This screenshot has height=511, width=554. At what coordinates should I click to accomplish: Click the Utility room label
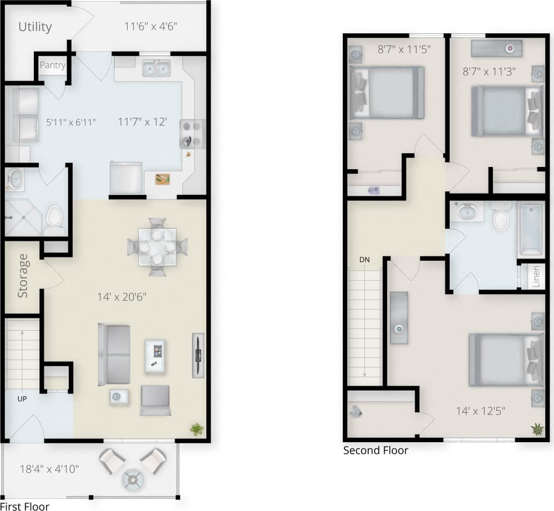pyautogui.click(x=35, y=27)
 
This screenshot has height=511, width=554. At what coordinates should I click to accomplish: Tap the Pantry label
pyautogui.click(x=53, y=65)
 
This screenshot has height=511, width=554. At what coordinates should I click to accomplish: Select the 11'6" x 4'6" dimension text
pyautogui.click(x=151, y=26)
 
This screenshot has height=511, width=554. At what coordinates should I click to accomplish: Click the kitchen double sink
pyautogui.click(x=156, y=69)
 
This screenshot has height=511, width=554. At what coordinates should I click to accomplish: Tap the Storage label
pyautogui.click(x=23, y=276)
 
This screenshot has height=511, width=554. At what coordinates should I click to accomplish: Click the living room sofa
pyautogui.click(x=114, y=355)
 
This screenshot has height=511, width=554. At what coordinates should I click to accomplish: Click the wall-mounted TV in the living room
pyautogui.click(x=198, y=355)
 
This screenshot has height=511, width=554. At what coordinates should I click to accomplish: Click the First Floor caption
pyautogui.click(x=24, y=505)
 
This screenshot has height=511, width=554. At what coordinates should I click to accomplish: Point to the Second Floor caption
pyautogui.click(x=375, y=450)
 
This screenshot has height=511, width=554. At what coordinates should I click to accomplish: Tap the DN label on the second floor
pyautogui.click(x=364, y=259)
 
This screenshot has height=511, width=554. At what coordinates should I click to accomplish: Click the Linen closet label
pyautogui.click(x=536, y=276)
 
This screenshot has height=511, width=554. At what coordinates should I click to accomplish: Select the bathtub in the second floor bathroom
pyautogui.click(x=531, y=228)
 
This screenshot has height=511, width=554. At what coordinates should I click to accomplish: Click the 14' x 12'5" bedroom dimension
pyautogui.click(x=480, y=411)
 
